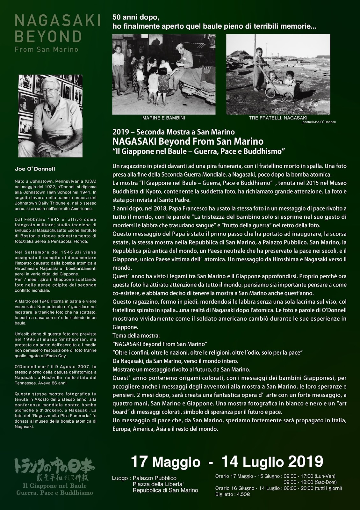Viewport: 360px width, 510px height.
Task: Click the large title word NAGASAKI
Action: (58, 22)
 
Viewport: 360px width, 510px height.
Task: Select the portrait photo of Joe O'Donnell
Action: (50, 116)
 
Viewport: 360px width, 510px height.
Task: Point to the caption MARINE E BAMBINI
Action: (164, 118)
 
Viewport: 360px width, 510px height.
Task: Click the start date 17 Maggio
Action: (166, 461)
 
